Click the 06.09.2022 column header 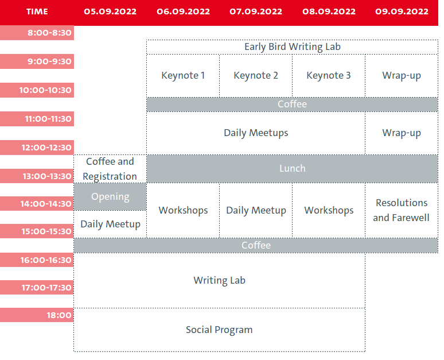(x=183, y=11)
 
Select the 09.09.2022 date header (x=402, y=11)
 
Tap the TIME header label (x=37, y=11)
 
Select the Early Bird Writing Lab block (x=292, y=47)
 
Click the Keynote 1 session (x=183, y=76)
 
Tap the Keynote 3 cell (x=329, y=76)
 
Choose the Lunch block (x=292, y=169)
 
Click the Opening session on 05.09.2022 (x=110, y=197)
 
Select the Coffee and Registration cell (x=110, y=169)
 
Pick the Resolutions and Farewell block (x=402, y=210)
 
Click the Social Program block (x=220, y=330)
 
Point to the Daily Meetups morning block (x=256, y=133)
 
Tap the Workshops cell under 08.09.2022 (x=329, y=210)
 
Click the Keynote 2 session (x=256, y=76)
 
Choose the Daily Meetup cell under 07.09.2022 (x=256, y=210)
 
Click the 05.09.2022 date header (x=110, y=11)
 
